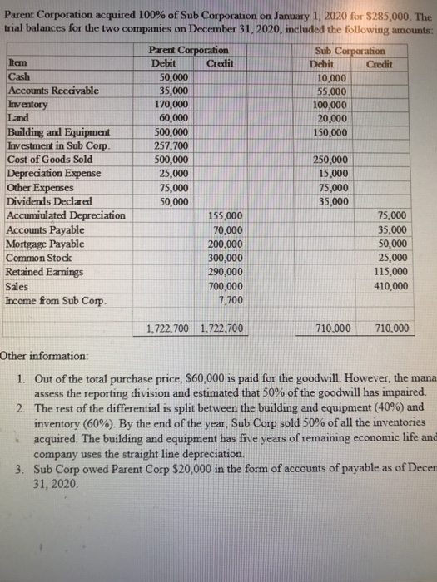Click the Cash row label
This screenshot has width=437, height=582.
(17, 76)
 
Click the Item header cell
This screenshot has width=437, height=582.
(16, 63)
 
